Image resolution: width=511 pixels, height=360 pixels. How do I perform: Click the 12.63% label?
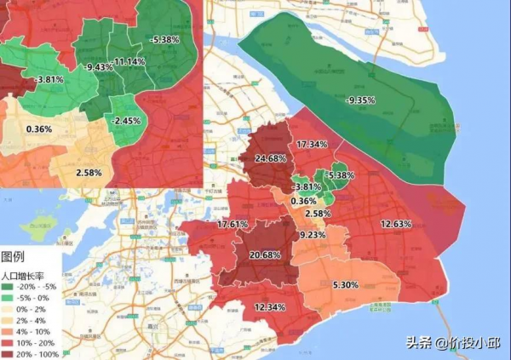396,224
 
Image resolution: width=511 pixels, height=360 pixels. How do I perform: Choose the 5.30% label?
346,284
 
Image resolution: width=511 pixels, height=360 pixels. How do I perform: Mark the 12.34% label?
270,306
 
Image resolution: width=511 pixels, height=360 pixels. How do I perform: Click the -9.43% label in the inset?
100,67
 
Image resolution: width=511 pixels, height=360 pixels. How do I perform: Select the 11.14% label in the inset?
129,62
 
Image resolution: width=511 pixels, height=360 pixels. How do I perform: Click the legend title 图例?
14,257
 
